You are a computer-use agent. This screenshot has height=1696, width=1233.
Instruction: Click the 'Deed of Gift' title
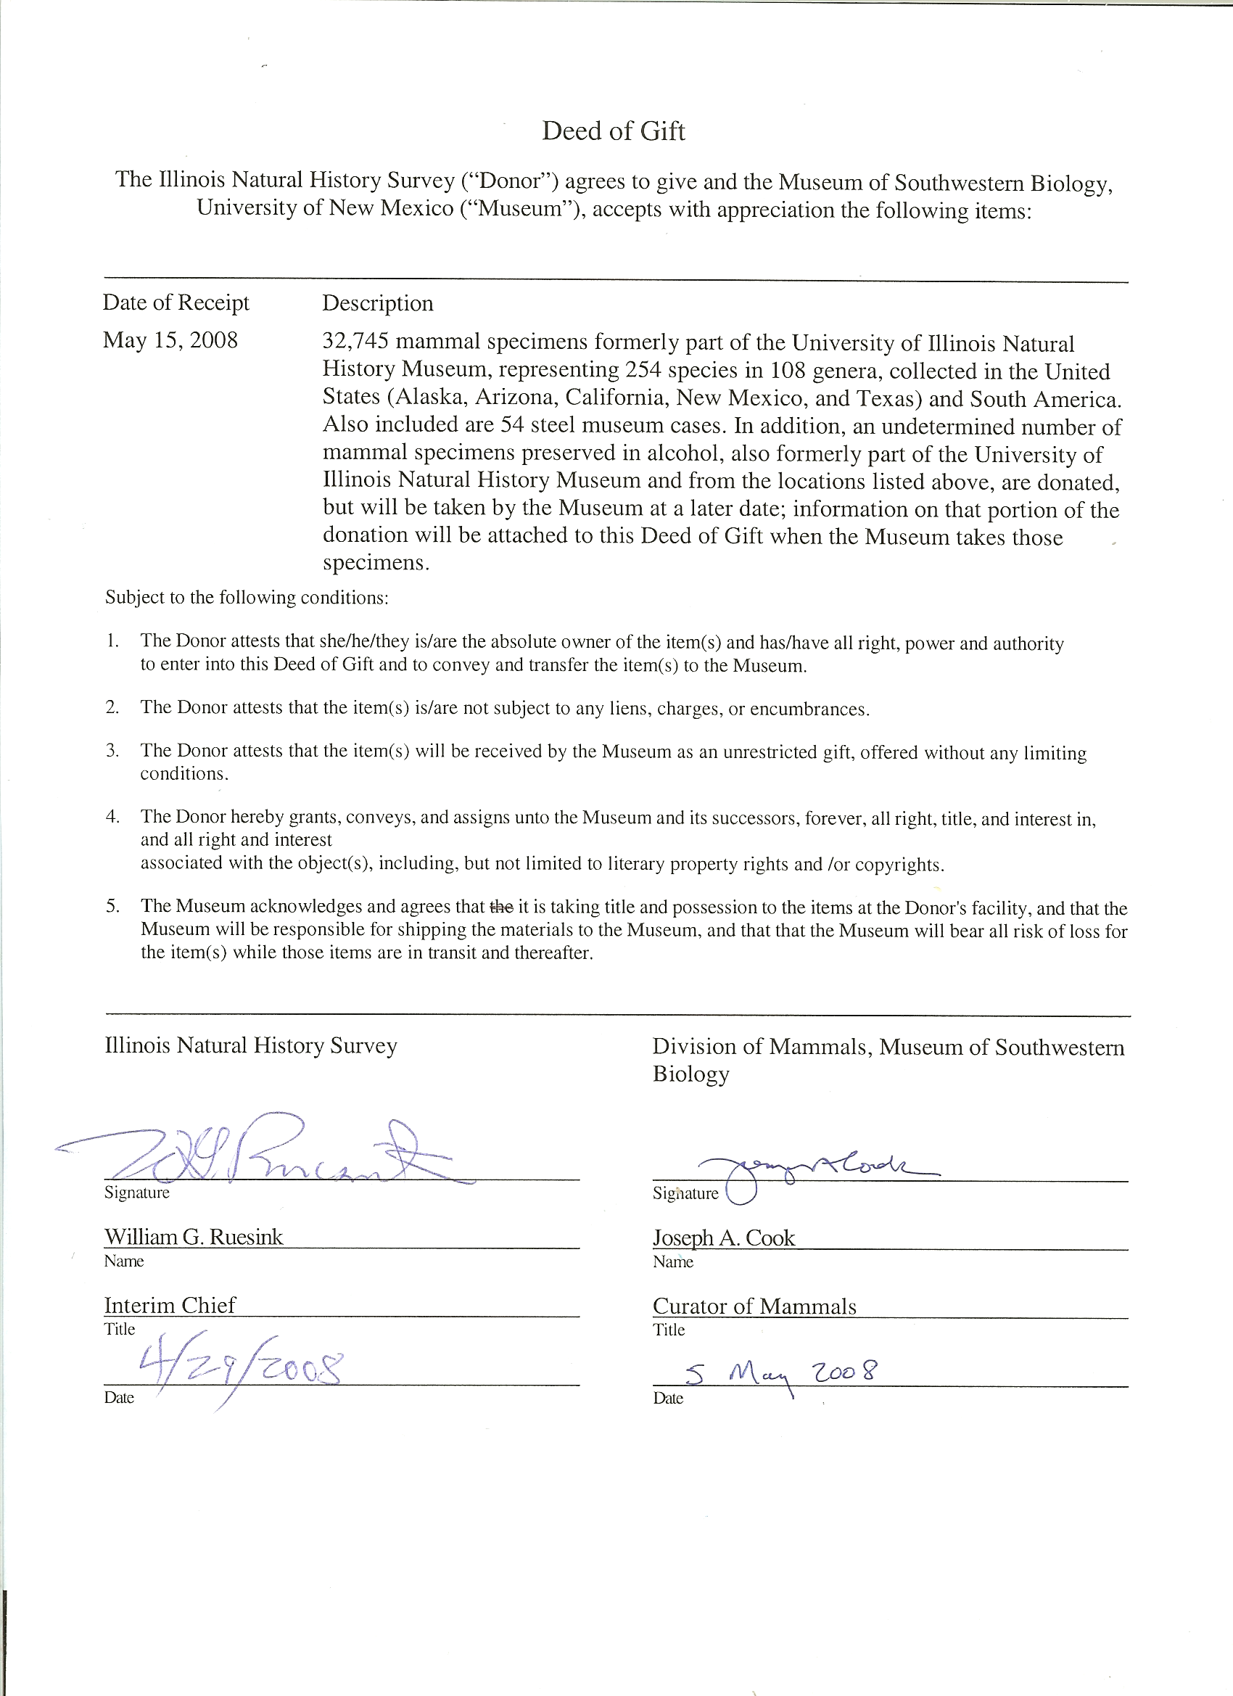(613, 131)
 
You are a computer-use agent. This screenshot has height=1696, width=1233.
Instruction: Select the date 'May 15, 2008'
(170, 340)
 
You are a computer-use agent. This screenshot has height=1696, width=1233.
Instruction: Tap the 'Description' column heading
(378, 303)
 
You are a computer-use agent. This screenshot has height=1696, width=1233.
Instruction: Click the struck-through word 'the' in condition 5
(501, 907)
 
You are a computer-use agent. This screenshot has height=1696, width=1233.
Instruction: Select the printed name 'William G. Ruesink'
(194, 1237)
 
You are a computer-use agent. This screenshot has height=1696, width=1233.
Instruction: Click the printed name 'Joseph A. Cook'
(723, 1238)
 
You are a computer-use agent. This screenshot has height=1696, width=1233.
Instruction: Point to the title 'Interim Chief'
(170, 1305)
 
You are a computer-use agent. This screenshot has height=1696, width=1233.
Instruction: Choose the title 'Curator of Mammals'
(754, 1306)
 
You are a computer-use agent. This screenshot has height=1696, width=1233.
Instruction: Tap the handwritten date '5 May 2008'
(781, 1373)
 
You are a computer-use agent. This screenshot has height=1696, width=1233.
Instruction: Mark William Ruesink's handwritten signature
(269, 1153)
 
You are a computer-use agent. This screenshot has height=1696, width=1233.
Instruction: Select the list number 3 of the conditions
(112, 750)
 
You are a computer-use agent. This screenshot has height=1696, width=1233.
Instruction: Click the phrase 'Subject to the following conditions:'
(247, 598)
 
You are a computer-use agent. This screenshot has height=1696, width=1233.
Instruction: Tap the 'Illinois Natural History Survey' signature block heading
(250, 1045)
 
